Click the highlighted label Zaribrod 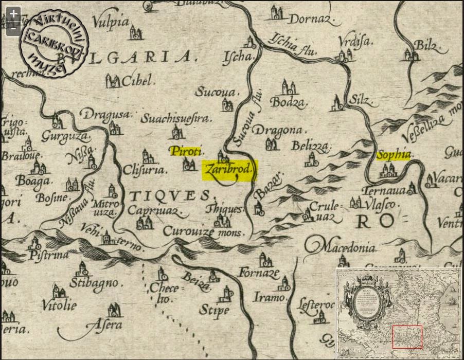(229, 170)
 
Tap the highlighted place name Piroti (187, 151)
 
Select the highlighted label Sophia (394, 155)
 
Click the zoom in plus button (13, 14)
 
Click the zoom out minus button (13, 29)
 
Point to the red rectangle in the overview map (407, 337)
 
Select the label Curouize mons (205, 232)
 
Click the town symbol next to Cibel (113, 80)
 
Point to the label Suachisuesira (176, 119)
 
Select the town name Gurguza (65, 137)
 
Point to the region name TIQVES (169, 195)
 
